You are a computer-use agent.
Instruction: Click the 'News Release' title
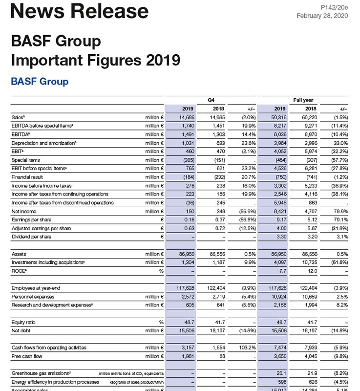click(80, 11)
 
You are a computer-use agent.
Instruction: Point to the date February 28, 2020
click(322, 16)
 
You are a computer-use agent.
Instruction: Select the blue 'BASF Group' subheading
click(40, 81)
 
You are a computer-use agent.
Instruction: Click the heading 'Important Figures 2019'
click(95, 60)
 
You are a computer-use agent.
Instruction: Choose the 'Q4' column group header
click(211, 100)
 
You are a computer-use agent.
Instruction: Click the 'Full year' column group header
click(303, 100)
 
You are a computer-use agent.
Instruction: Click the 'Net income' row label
click(23, 211)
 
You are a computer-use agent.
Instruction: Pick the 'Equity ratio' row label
click(23, 322)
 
